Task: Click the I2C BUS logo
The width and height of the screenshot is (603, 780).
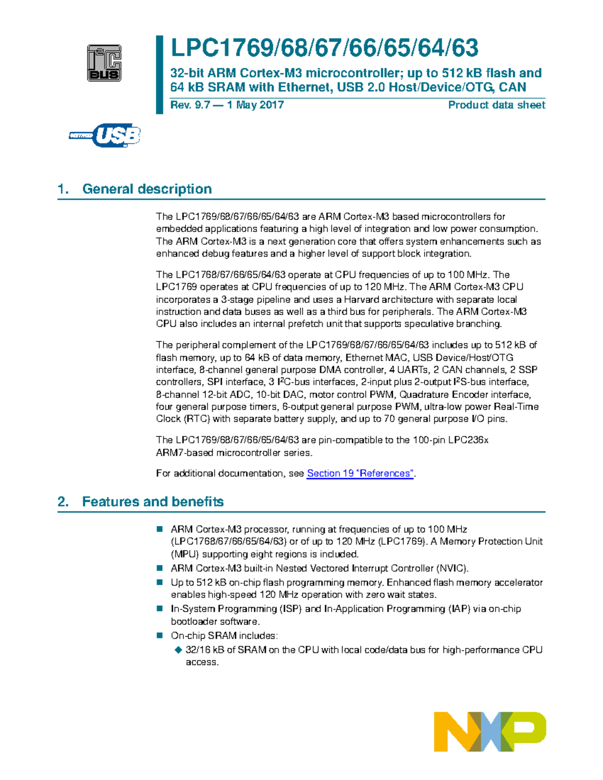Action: [104, 63]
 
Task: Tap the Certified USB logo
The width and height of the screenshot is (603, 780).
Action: [105, 135]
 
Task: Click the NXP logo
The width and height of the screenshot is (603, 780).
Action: [489, 731]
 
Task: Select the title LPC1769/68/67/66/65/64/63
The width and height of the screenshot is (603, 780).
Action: [324, 48]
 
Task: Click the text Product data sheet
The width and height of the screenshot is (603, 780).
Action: [496, 105]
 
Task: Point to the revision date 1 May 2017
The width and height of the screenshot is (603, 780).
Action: [255, 105]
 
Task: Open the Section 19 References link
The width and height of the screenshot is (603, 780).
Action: [360, 473]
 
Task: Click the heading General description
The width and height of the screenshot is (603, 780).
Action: [147, 189]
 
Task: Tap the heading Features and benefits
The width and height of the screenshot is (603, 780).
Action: [153, 502]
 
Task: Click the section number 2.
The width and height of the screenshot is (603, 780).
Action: [62, 502]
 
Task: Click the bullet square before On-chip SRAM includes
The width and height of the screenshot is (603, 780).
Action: [160, 635]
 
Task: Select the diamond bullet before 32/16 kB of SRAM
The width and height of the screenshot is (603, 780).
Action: [177, 650]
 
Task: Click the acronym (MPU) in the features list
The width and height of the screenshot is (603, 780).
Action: [185, 554]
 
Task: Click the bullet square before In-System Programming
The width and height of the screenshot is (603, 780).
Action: [160, 609]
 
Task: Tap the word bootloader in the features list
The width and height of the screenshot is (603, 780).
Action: [195, 621]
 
